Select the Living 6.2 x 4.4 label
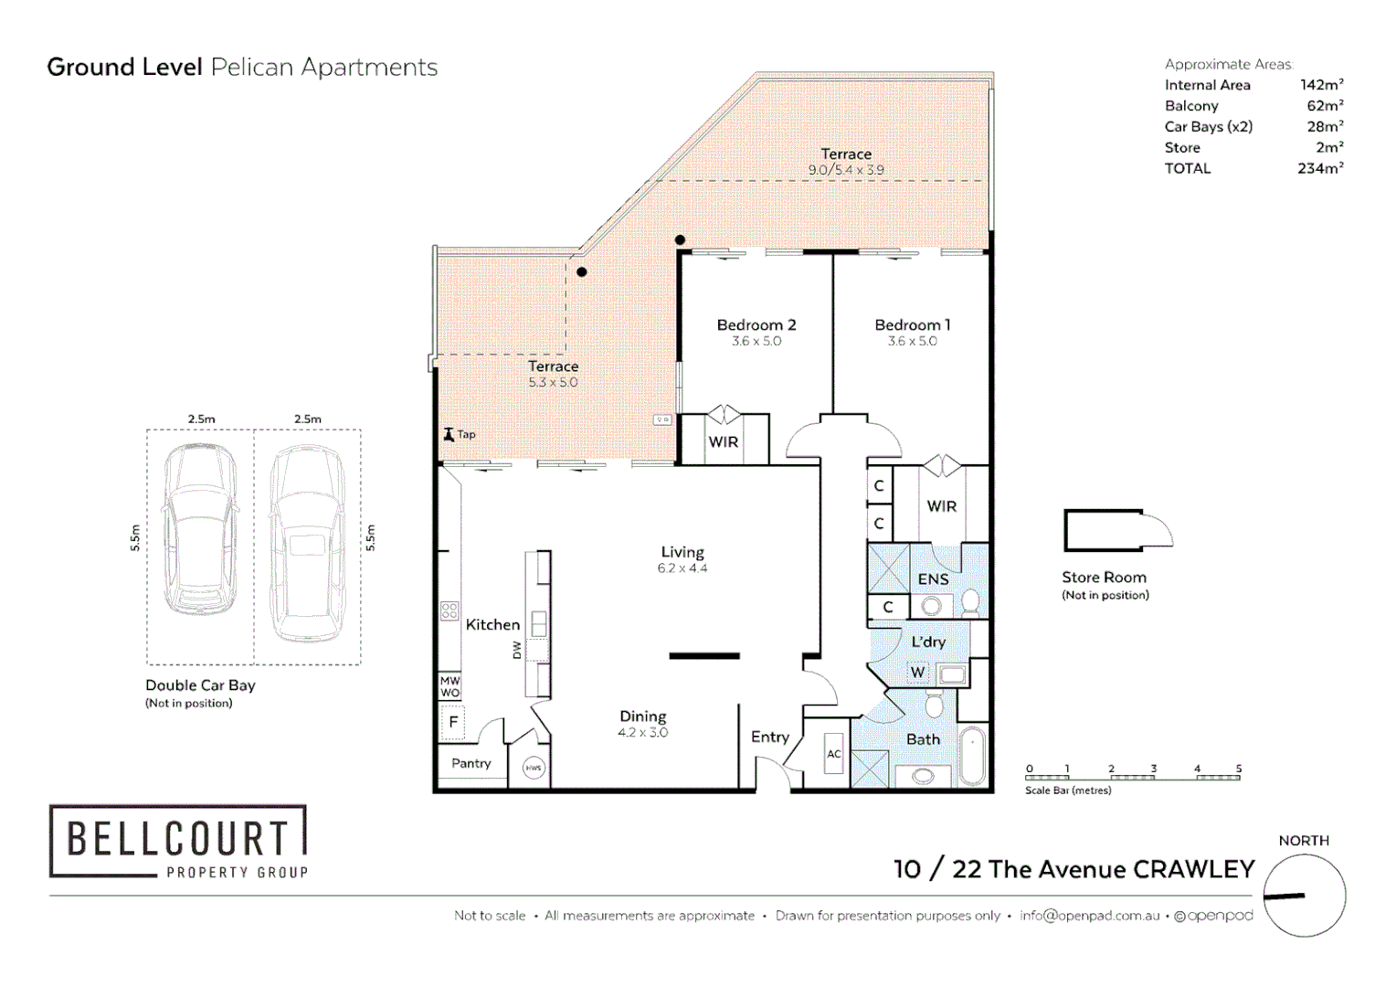point(682,559)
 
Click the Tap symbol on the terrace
point(449,434)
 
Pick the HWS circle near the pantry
point(534,768)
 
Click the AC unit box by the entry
point(833,754)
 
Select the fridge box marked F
point(452,723)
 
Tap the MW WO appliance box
point(450,687)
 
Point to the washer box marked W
point(917,673)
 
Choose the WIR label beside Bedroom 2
point(723,442)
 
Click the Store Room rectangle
point(1103,530)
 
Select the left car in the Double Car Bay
point(200,530)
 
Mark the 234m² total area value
point(1319,168)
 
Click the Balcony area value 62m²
point(1324,106)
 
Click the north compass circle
point(1304,896)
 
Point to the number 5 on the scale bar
point(1238,769)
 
